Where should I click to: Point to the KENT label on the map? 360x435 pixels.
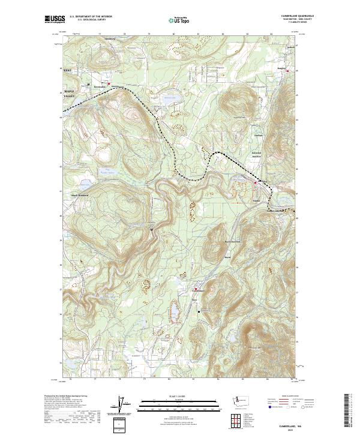[68, 71]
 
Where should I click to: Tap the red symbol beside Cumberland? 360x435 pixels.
[194, 289]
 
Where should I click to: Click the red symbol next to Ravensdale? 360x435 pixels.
[109, 83]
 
